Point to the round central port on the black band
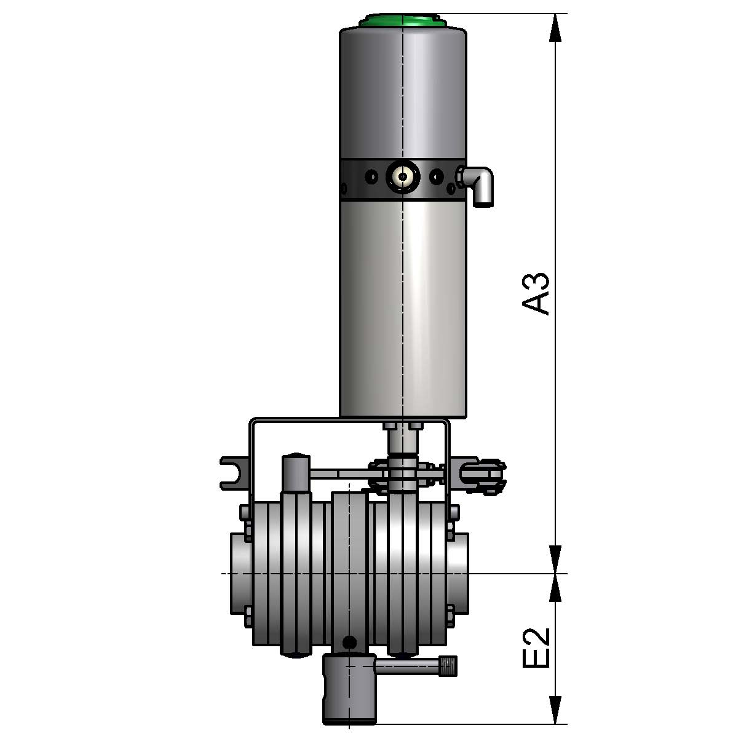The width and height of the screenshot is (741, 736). [402, 177]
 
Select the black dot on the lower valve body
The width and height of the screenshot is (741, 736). [350, 643]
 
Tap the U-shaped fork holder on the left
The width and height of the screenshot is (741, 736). [233, 472]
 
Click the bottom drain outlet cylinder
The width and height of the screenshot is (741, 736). [348, 689]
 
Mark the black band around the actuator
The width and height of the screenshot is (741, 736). [369, 180]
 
